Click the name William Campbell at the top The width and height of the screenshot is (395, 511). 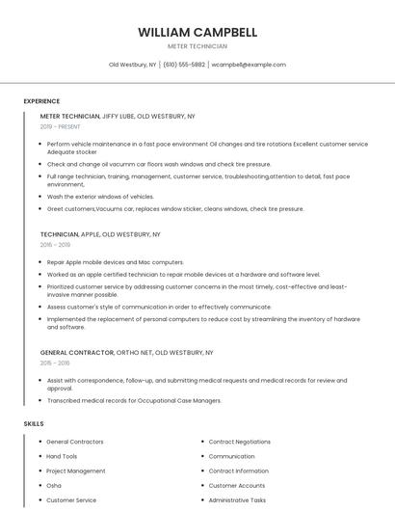pos(197,32)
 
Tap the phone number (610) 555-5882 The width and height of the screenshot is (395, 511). pos(184,65)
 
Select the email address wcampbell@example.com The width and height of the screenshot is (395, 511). pos(249,65)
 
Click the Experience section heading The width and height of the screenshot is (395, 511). pos(41,101)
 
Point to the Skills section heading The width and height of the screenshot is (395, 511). pos(34,424)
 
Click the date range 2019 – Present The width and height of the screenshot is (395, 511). pos(61,126)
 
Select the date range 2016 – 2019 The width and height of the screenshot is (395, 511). pos(56,245)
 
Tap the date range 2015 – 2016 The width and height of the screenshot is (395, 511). pos(55,363)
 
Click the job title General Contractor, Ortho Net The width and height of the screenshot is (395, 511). pos(126,353)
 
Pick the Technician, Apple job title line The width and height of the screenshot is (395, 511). pos(100,234)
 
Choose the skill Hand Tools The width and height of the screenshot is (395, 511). pos(62,456)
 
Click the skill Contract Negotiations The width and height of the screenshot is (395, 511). pos(239,442)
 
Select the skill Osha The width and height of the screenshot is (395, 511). pos(54,486)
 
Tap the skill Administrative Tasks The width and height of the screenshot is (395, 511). pos(237,500)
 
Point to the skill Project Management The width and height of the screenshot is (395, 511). pos(76,471)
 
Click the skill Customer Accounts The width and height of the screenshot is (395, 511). pos(236,486)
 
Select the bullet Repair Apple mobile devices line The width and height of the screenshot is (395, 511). pos(115,261)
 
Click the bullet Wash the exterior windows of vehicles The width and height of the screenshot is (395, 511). pos(100,196)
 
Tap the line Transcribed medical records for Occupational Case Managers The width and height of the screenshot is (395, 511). pos(134,400)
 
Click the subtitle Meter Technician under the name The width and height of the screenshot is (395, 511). pos(197,46)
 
